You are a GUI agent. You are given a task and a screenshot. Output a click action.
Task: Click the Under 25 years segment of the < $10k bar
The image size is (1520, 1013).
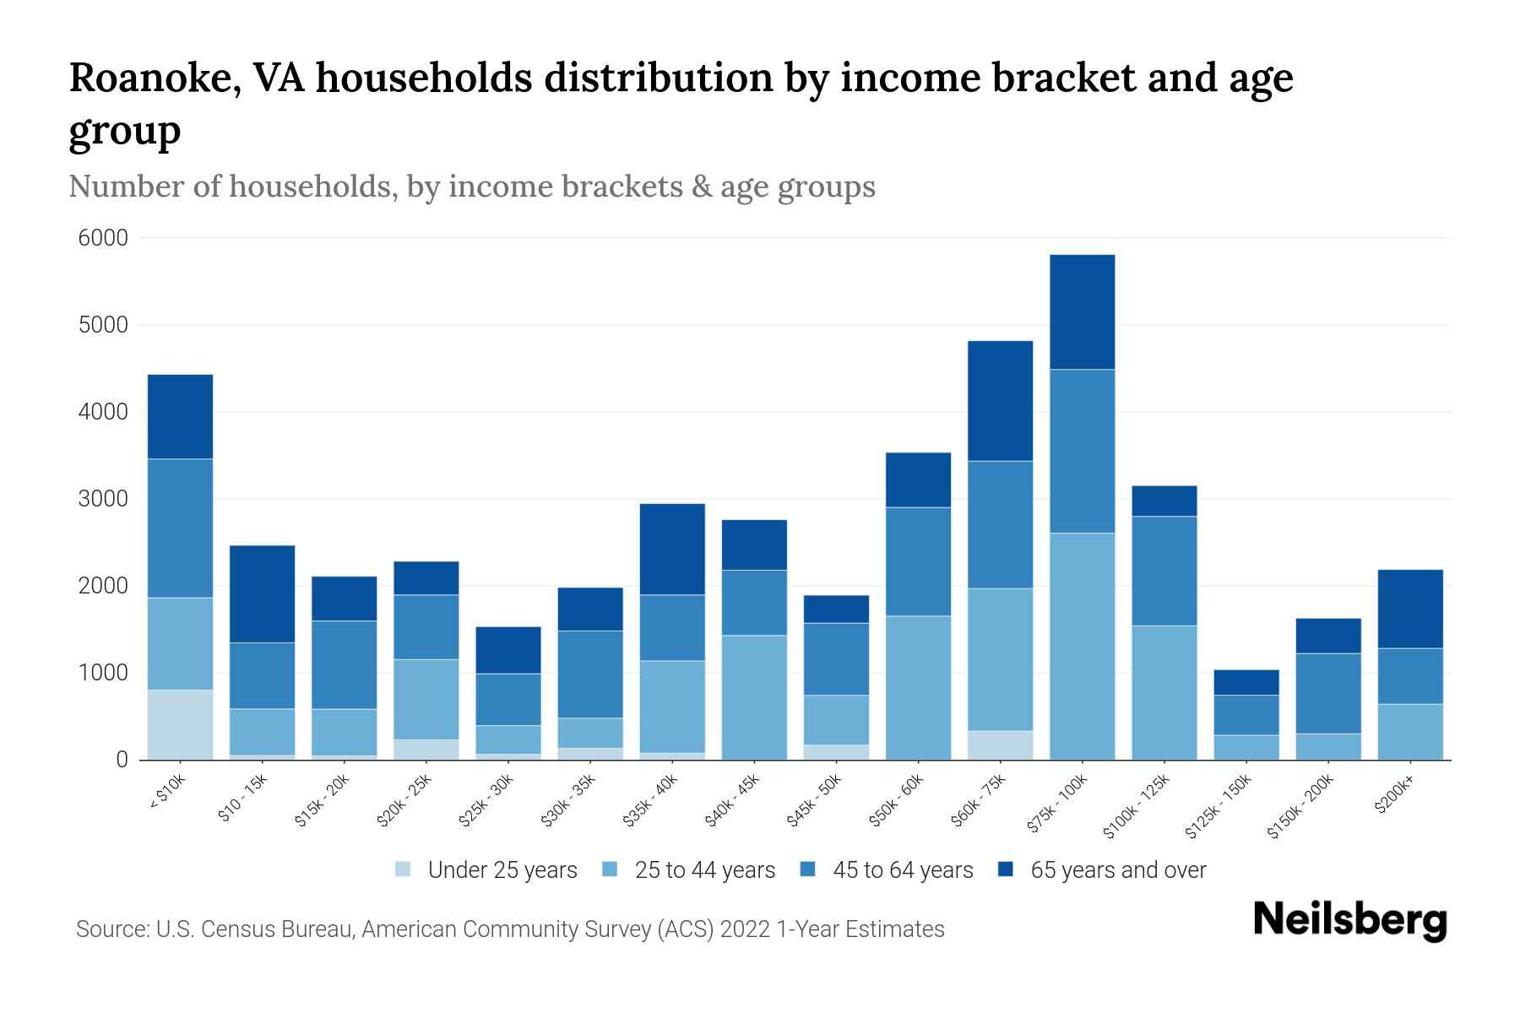point(180,724)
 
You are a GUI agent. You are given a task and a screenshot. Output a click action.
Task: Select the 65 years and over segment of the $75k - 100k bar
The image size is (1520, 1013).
point(1082,311)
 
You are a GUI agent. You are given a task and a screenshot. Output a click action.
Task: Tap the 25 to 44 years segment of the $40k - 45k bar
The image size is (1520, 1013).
point(754,697)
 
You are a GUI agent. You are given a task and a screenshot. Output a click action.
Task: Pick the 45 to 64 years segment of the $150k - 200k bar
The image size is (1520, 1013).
point(1328,693)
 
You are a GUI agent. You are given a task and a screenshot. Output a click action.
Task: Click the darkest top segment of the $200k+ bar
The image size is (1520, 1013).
point(1410,609)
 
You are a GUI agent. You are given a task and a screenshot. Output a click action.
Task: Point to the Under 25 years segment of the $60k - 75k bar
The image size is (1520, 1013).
point(1000,745)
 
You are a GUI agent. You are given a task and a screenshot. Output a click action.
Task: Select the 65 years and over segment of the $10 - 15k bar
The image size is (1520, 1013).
point(262,593)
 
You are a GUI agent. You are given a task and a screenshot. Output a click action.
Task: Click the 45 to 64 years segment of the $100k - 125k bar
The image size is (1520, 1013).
point(1164,571)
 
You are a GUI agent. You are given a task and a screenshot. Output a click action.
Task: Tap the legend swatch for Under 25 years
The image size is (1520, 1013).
point(403,869)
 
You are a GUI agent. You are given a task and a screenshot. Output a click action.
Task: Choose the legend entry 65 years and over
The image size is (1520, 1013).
point(1117,870)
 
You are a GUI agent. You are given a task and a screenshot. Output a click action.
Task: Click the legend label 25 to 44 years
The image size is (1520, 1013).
point(704,870)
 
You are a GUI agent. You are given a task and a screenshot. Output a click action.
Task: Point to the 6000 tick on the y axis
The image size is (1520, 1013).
point(103,238)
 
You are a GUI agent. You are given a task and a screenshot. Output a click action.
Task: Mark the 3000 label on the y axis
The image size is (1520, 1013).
point(103,499)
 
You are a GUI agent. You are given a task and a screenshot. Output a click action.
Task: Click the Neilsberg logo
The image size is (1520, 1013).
point(1349,920)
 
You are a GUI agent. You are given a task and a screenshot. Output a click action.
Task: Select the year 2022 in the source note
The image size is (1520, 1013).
point(745,929)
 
